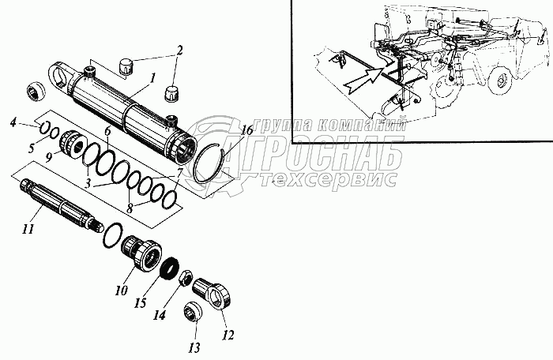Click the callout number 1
coord(152,80)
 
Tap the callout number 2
coord(179,51)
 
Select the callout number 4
coord(13,122)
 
